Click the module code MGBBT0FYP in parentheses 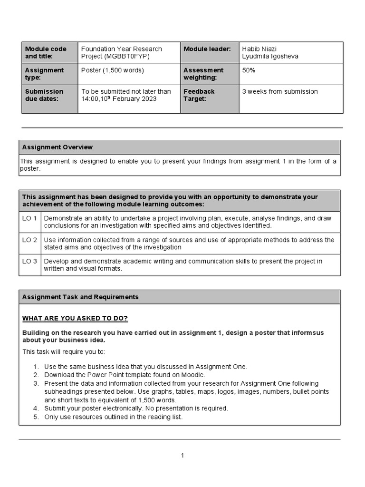(124, 57)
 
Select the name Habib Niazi (259, 49)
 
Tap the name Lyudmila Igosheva (270, 57)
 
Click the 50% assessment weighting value (249, 70)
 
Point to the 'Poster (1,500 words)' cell (112, 70)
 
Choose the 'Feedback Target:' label (199, 95)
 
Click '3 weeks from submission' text (280, 92)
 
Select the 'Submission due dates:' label (44, 95)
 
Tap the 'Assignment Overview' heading (58, 147)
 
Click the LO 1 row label (29, 218)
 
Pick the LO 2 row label (29, 240)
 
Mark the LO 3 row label (29, 261)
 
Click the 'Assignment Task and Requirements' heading (80, 297)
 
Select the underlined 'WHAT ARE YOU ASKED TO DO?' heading (75, 318)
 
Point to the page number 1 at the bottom (182, 456)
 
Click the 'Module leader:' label (207, 49)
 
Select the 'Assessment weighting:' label (203, 74)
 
